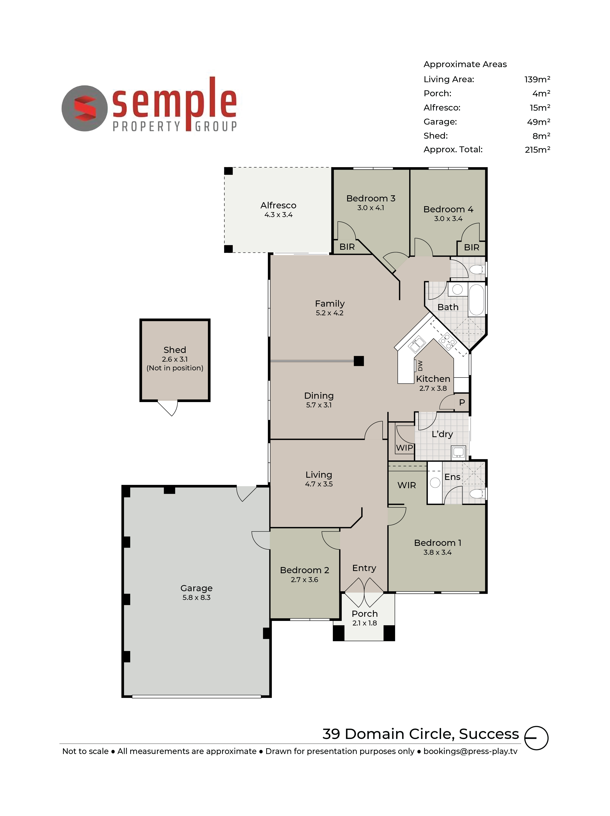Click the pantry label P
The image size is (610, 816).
462,402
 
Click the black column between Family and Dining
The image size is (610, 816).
358,361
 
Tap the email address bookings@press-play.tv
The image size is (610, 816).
470,751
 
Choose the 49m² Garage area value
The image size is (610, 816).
539,122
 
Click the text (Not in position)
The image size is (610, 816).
175,368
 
